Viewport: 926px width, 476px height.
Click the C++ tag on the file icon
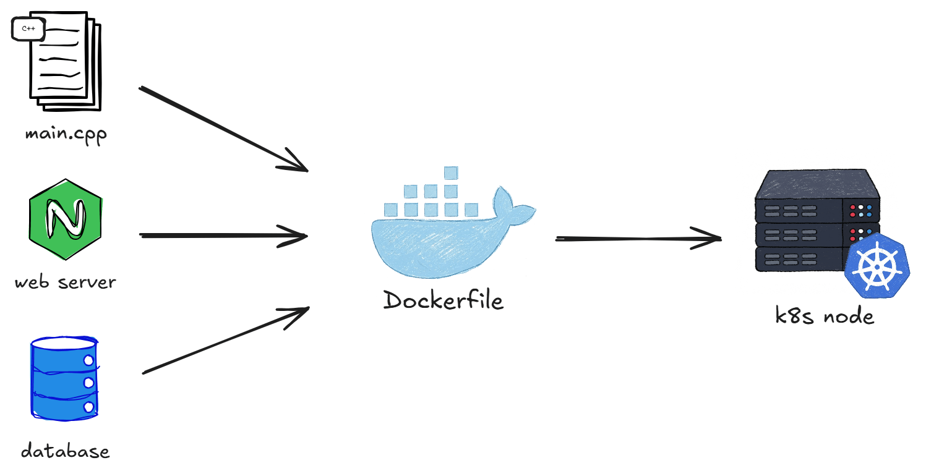pos(28,28)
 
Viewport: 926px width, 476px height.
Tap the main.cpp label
pos(66,135)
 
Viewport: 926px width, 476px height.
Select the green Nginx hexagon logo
pos(66,219)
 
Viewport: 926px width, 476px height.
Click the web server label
pos(66,283)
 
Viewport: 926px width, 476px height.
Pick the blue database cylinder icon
pos(64,378)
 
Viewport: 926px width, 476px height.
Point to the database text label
pos(66,451)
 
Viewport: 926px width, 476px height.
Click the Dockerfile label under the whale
pos(443,300)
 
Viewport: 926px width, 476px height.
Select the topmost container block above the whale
pos(451,172)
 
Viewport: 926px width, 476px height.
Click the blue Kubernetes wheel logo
pos(877,265)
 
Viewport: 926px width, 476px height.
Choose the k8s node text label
pos(825,316)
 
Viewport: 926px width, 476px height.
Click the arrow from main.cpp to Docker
pos(223,129)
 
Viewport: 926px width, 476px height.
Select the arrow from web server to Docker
pos(223,236)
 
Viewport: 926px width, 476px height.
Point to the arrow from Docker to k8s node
pos(639,239)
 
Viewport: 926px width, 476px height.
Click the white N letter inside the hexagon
pos(66,219)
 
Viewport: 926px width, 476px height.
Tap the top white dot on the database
pos(88,360)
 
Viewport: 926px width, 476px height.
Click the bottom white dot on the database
pos(88,407)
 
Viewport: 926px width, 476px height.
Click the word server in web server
pos(87,283)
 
